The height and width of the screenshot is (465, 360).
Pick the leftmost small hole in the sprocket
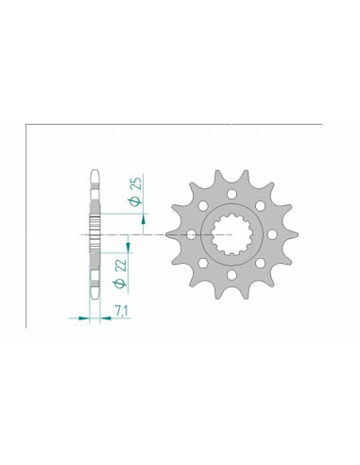coord(190,234)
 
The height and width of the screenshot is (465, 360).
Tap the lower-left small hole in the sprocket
coord(202,264)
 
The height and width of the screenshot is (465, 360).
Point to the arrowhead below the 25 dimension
coord(143,226)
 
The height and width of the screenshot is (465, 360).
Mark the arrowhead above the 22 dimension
coord(127,244)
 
